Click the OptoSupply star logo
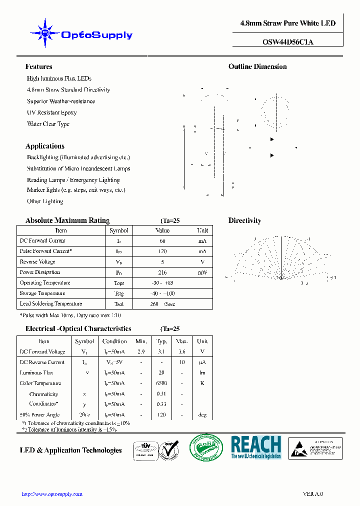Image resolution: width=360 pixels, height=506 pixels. click(x=44, y=33)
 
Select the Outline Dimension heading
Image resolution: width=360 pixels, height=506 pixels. click(x=257, y=66)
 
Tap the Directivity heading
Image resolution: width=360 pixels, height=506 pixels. click(x=244, y=220)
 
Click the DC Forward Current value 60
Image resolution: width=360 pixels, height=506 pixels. click(x=162, y=241)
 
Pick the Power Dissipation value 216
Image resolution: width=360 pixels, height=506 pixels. click(x=162, y=272)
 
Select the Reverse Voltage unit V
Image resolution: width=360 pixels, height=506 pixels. click(x=202, y=262)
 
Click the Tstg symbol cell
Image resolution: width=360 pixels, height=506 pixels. click(x=118, y=293)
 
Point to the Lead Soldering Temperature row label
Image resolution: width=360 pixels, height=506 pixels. click(x=50, y=304)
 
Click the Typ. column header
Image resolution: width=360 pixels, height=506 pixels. click(x=161, y=341)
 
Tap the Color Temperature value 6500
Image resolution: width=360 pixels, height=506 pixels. click(x=161, y=383)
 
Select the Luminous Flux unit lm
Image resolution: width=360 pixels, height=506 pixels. click(x=202, y=373)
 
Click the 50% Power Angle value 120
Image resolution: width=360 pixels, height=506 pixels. click(x=161, y=415)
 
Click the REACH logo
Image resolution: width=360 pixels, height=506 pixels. click(x=256, y=447)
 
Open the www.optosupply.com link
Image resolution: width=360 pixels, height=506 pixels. click(x=52, y=494)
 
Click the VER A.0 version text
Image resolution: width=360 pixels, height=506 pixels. click(x=313, y=494)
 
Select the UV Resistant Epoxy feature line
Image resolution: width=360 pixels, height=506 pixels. click(x=52, y=113)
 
